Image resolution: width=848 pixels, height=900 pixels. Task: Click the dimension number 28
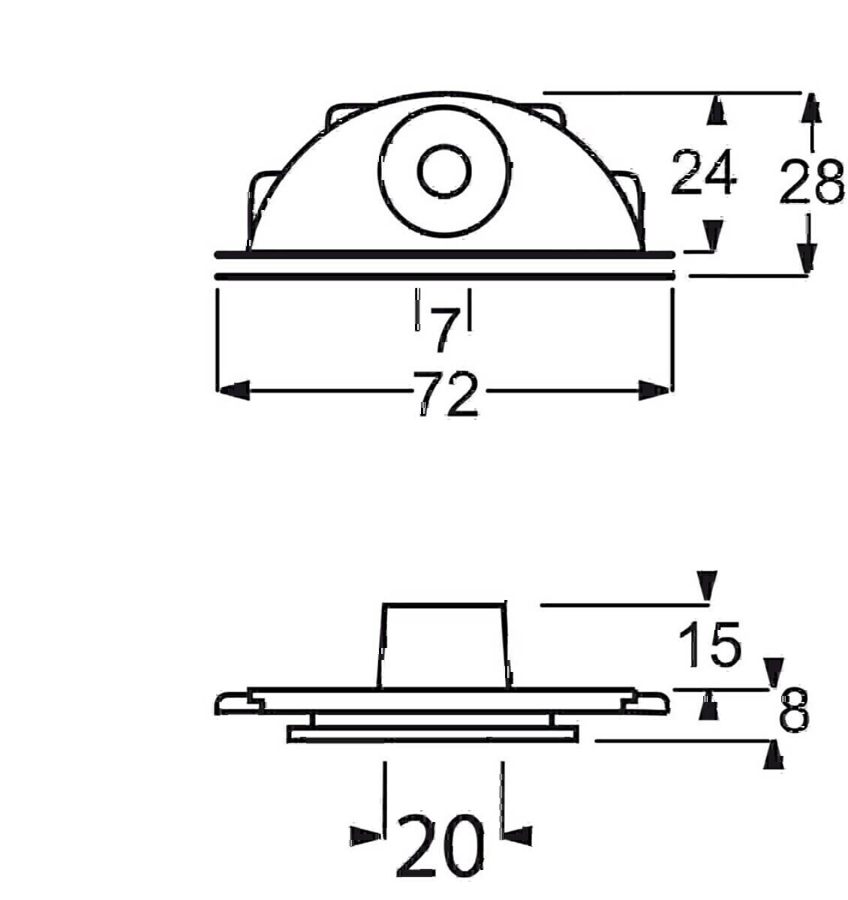point(811,182)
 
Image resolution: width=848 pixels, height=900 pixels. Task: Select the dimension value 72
point(445,394)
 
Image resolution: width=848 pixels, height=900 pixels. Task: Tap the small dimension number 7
point(444,330)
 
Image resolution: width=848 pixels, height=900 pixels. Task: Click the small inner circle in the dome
point(444,171)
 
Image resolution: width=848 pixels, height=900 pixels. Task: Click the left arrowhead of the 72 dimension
point(233,390)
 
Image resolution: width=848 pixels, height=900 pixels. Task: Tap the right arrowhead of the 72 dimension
point(654,390)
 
